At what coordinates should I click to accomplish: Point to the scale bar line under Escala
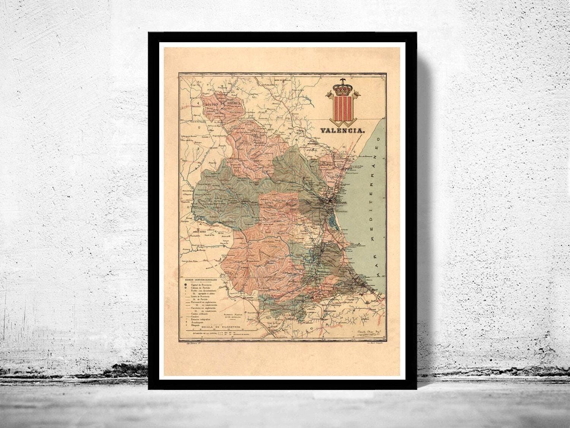coord(220,331)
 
